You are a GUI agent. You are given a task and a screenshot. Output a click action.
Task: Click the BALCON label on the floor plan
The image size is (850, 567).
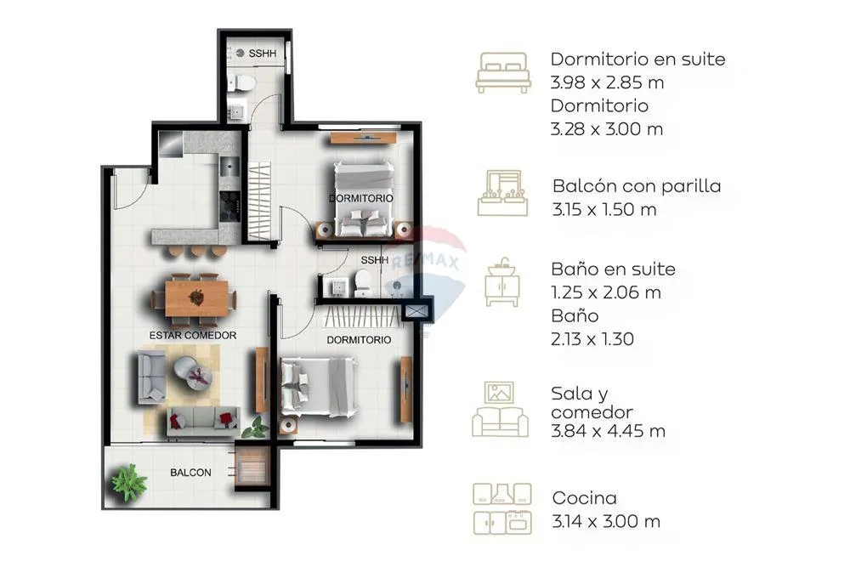(x=190, y=473)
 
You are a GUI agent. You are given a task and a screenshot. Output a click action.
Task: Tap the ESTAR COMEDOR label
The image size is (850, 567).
(x=192, y=336)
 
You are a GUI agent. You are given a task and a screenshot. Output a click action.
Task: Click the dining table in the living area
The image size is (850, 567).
(x=196, y=298)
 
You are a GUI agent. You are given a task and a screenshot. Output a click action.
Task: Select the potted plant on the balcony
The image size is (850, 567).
(x=129, y=481)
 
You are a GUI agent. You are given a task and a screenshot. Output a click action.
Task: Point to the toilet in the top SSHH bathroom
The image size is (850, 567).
(x=242, y=83)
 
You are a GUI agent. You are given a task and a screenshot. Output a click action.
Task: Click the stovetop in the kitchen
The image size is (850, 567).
(x=229, y=206)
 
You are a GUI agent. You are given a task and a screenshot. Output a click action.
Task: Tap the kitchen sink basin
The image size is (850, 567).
(x=229, y=165)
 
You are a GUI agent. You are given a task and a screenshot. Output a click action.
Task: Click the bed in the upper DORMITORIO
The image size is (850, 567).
(x=363, y=199)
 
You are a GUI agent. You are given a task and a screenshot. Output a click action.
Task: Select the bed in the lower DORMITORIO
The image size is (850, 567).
(x=318, y=387)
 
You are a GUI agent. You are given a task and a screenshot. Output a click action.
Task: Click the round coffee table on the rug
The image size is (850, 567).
(x=191, y=371)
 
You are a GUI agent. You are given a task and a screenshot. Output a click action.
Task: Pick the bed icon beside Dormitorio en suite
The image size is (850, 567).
(x=503, y=72)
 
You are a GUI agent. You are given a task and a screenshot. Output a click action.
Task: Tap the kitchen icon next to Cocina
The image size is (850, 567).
(x=502, y=508)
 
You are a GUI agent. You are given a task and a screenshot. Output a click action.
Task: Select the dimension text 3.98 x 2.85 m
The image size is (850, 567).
(x=607, y=82)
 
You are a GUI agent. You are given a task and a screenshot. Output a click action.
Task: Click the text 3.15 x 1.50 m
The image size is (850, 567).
(x=603, y=209)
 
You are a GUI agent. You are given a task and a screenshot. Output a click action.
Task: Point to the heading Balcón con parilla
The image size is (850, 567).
(x=637, y=186)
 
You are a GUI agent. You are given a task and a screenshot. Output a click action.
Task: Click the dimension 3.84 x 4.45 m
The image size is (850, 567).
(x=608, y=431)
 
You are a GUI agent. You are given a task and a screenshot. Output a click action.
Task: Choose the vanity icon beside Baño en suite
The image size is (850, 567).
(x=502, y=282)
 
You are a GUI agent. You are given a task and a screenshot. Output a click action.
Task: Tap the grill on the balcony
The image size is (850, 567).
(x=252, y=465)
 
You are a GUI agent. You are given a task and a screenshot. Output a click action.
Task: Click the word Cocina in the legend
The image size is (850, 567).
(x=585, y=497)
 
